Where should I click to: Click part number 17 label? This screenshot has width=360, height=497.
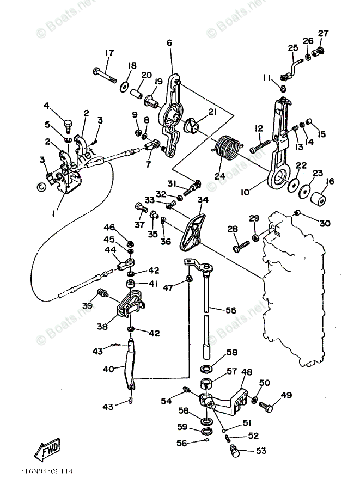(x=109, y=53)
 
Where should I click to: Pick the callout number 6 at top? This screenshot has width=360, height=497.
(x=169, y=42)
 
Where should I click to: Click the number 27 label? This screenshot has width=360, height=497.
(x=323, y=33)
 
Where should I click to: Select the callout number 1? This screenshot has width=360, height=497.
(x=54, y=214)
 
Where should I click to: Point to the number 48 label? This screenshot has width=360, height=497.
(x=247, y=373)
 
